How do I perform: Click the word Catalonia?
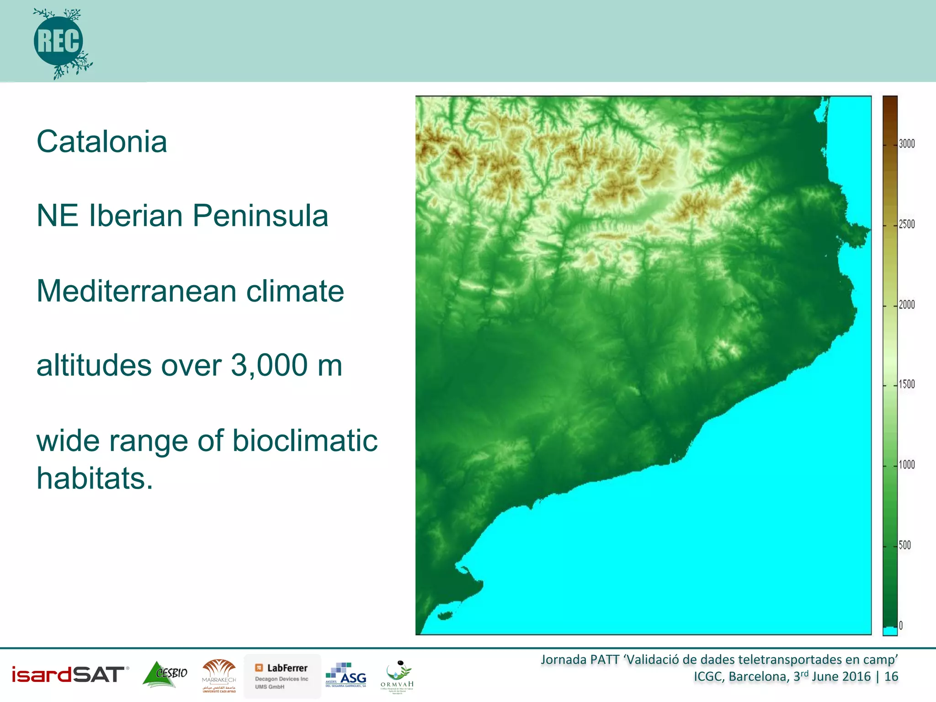coord(101,142)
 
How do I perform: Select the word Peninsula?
coord(260,216)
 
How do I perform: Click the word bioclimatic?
coord(305,441)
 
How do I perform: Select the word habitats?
coord(94,479)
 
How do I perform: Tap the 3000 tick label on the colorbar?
coord(907,144)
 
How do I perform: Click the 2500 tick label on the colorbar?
coord(907,224)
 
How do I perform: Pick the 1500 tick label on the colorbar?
coord(907,384)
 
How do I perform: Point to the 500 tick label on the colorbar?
coord(904,545)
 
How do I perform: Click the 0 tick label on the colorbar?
coord(901,626)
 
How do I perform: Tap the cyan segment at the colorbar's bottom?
coord(890,631)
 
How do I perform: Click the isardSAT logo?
coord(69,675)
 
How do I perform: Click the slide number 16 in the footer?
coord(891,676)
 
